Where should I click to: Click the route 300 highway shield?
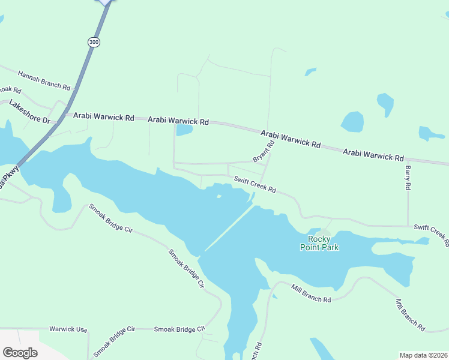pos(93,42)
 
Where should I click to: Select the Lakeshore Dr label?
pos(29,112)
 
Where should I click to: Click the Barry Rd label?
pos(408,178)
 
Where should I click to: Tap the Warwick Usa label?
pos(68,329)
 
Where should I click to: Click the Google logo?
pos(20,352)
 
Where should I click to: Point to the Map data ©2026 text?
pos(423,355)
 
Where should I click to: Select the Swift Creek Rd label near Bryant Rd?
pos(255,185)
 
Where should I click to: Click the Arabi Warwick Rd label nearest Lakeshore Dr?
pos(103,118)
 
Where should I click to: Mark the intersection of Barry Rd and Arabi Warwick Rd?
pos(408,160)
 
